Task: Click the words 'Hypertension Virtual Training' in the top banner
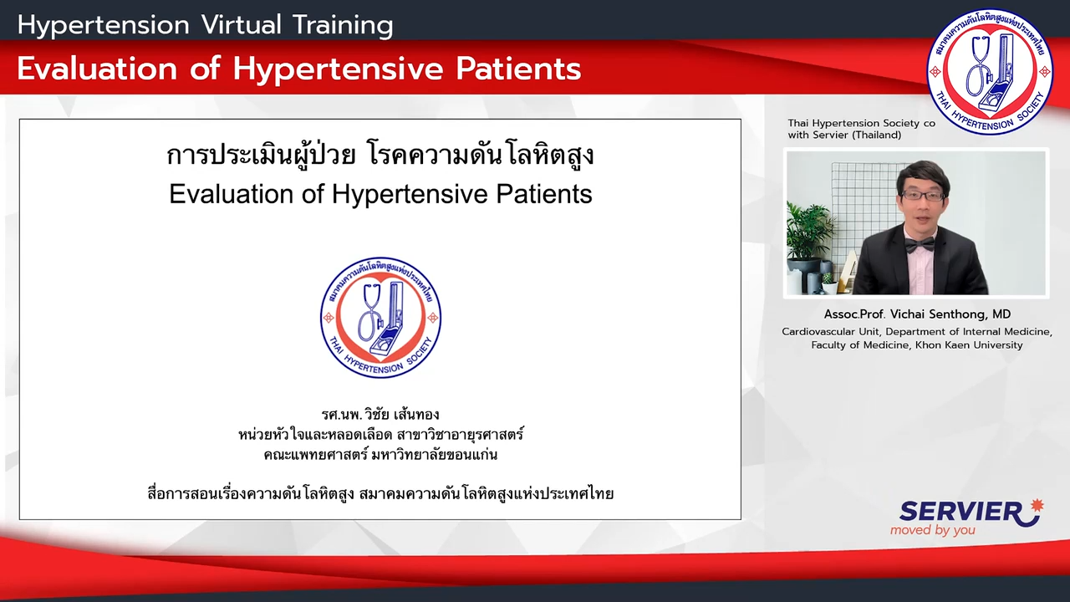tap(205, 25)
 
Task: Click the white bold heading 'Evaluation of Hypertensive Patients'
tap(299, 69)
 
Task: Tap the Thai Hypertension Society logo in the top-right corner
tap(989, 71)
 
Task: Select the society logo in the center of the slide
tap(380, 318)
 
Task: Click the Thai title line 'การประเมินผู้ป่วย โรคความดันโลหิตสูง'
tap(380, 155)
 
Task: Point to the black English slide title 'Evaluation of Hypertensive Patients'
tap(380, 195)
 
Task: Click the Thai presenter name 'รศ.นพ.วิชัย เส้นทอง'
tap(380, 414)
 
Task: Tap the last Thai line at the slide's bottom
tap(380, 493)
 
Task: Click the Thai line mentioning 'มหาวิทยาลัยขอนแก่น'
tap(380, 454)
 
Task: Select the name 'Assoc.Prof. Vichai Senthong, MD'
tap(917, 314)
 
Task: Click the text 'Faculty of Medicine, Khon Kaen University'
tap(917, 345)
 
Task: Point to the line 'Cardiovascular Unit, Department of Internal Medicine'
tap(917, 332)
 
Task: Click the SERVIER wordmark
tap(960, 512)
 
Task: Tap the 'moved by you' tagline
tap(932, 530)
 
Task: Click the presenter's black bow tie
tap(920, 245)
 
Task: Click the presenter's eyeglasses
tap(922, 196)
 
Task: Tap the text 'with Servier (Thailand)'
tap(844, 135)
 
